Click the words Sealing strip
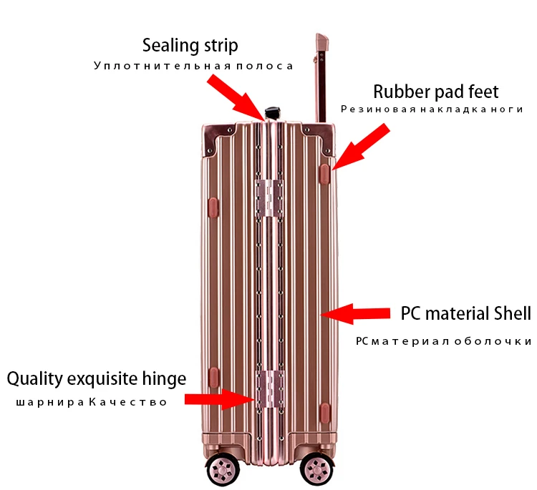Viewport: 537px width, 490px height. (190, 46)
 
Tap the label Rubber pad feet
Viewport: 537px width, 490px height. (435, 92)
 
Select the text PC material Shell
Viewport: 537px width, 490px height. (465, 313)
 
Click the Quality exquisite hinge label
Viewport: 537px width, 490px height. (97, 379)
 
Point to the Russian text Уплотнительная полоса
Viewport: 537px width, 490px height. (193, 66)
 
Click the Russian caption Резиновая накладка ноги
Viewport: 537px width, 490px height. (432, 109)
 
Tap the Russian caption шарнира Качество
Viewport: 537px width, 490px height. (92, 402)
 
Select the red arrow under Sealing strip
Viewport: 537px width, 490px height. (236, 97)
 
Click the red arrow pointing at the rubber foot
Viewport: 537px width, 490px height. (360, 147)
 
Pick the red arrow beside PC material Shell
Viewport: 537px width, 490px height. (355, 313)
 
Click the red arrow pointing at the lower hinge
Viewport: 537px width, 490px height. (220, 399)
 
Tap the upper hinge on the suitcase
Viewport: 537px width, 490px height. (269, 198)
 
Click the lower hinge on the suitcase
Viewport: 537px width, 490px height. (270, 389)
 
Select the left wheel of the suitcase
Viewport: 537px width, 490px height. (223, 469)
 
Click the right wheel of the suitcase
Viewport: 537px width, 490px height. (316, 469)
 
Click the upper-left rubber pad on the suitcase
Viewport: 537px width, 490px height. (213, 207)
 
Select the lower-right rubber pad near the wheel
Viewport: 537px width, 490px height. (324, 413)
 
